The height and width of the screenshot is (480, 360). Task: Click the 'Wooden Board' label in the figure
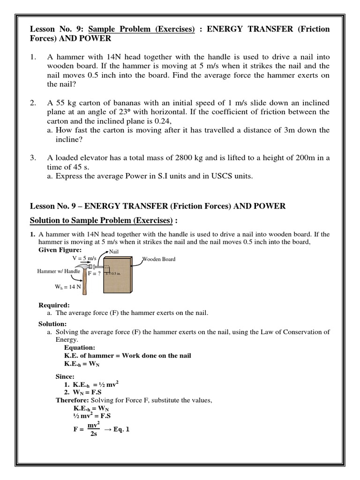coord(159,258)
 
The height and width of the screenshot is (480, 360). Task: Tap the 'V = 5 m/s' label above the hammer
coord(83,258)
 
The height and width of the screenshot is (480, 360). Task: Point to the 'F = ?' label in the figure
coord(94,273)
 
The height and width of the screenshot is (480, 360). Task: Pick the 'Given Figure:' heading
coord(60,250)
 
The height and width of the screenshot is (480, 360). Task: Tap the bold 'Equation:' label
coord(79,348)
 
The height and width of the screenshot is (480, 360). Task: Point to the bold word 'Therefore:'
coord(71,400)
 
